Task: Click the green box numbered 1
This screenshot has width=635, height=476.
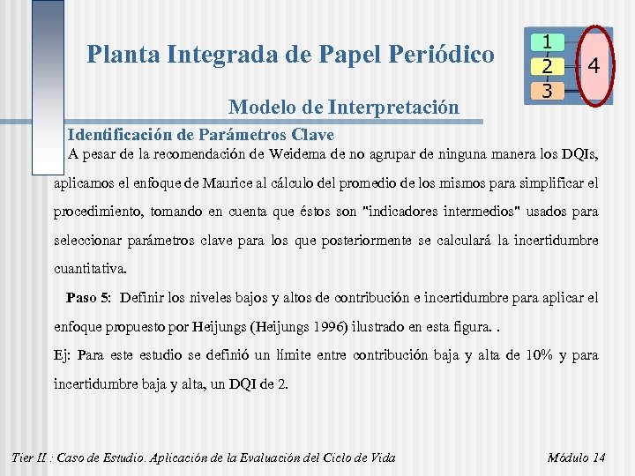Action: pos(548,42)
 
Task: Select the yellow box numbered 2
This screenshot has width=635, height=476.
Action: pos(548,66)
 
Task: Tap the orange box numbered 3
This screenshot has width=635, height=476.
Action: pos(548,90)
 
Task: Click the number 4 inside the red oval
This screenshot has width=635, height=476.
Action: pos(594,66)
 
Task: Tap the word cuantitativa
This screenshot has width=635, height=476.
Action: pos(90,268)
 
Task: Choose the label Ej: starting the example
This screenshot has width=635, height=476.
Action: pos(63,355)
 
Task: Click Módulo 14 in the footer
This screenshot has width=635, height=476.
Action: pos(576,457)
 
